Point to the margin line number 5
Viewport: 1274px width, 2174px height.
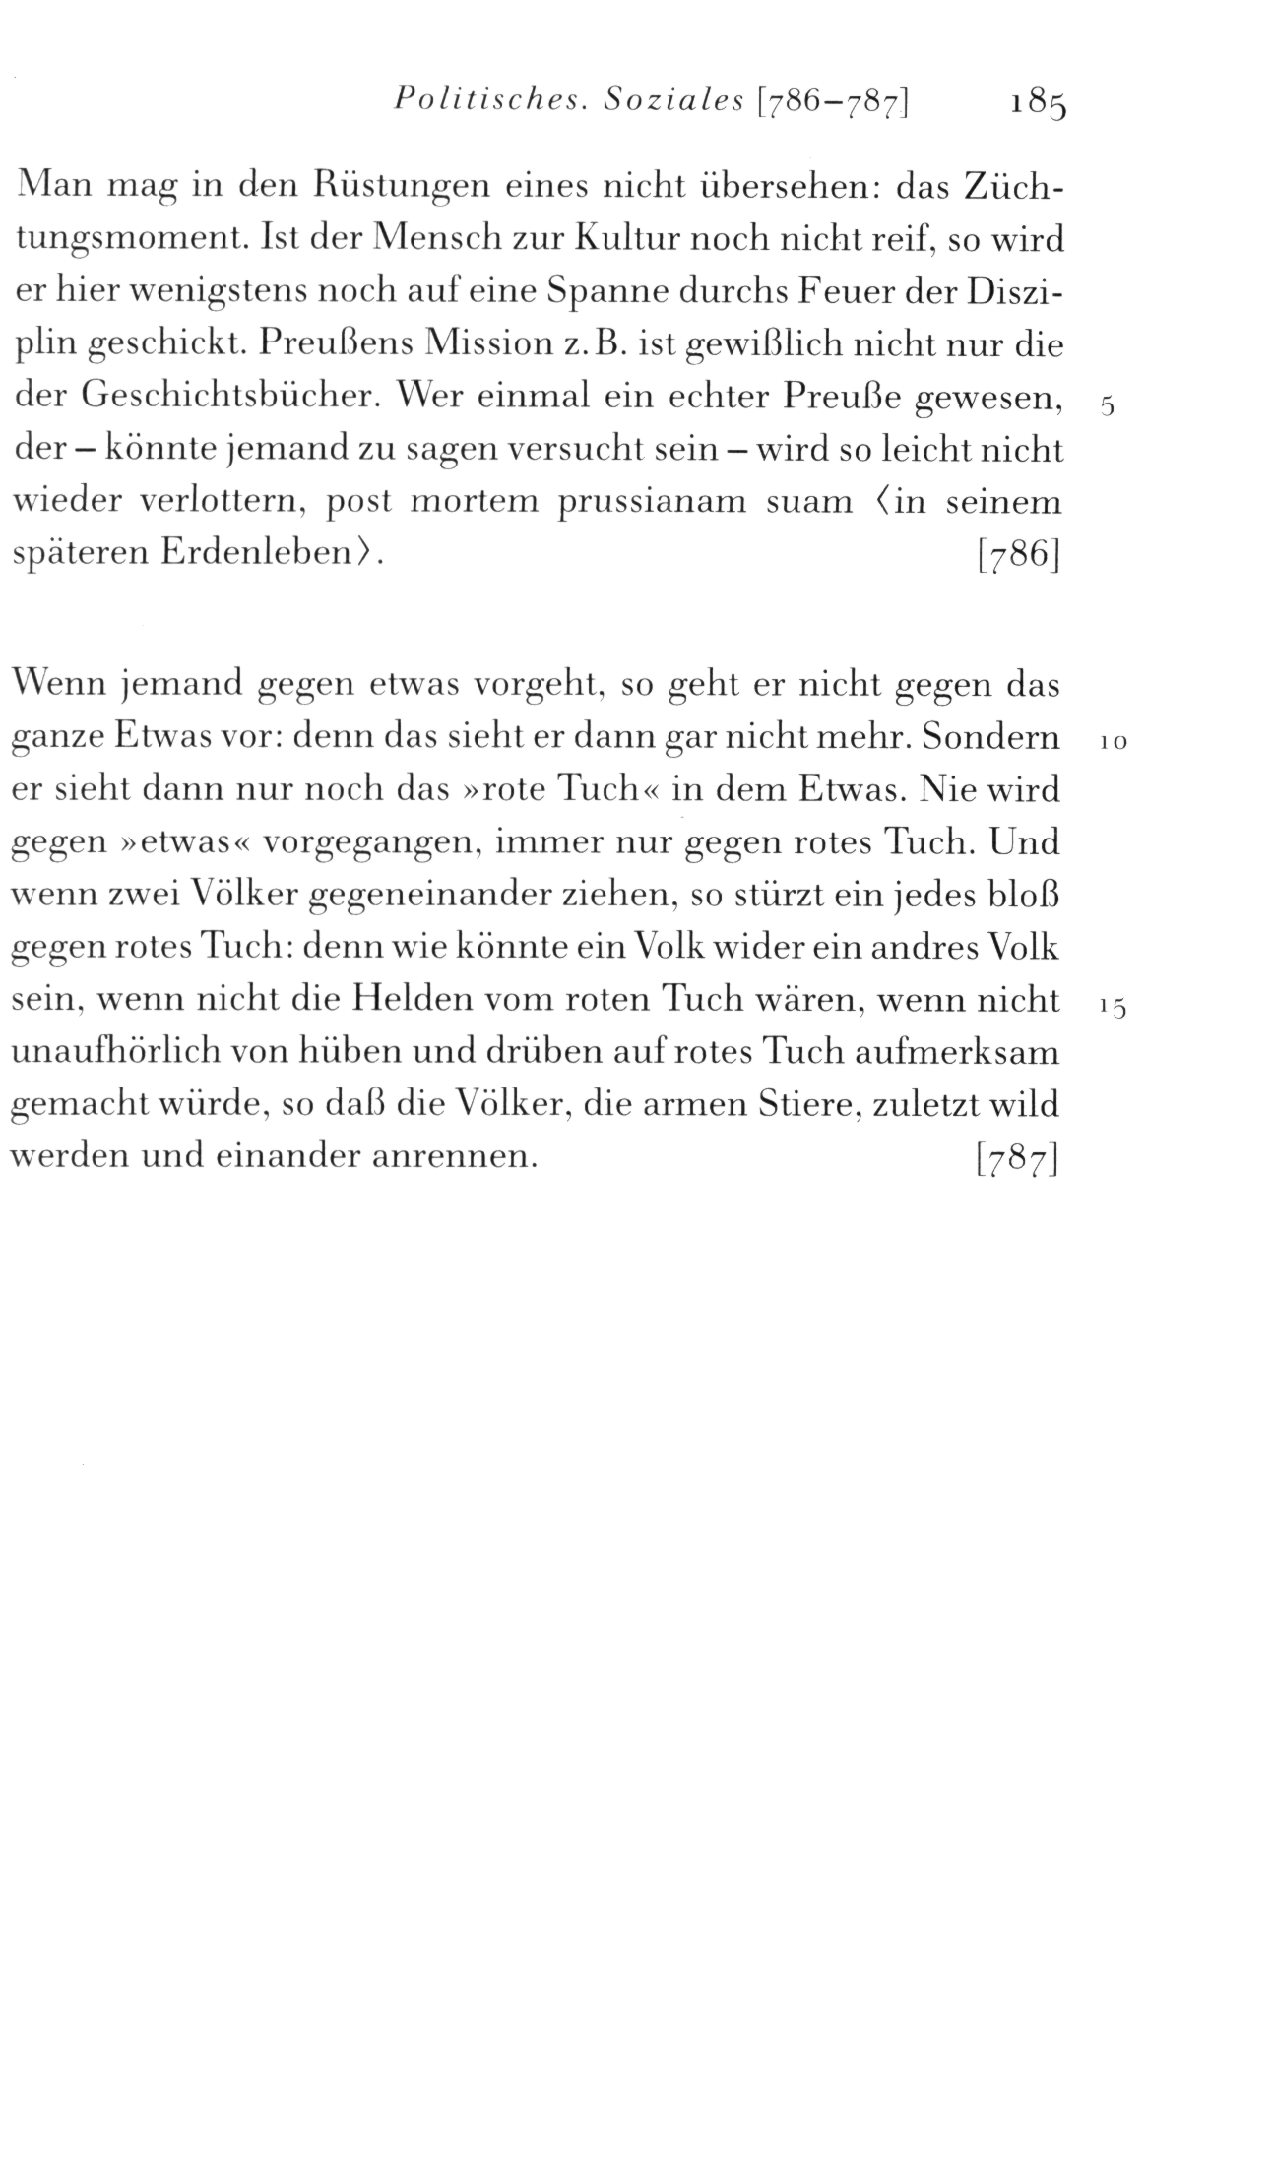(x=1108, y=408)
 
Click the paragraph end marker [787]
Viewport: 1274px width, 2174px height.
(x=1016, y=1159)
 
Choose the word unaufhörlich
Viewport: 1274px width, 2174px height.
(x=121, y=1053)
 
